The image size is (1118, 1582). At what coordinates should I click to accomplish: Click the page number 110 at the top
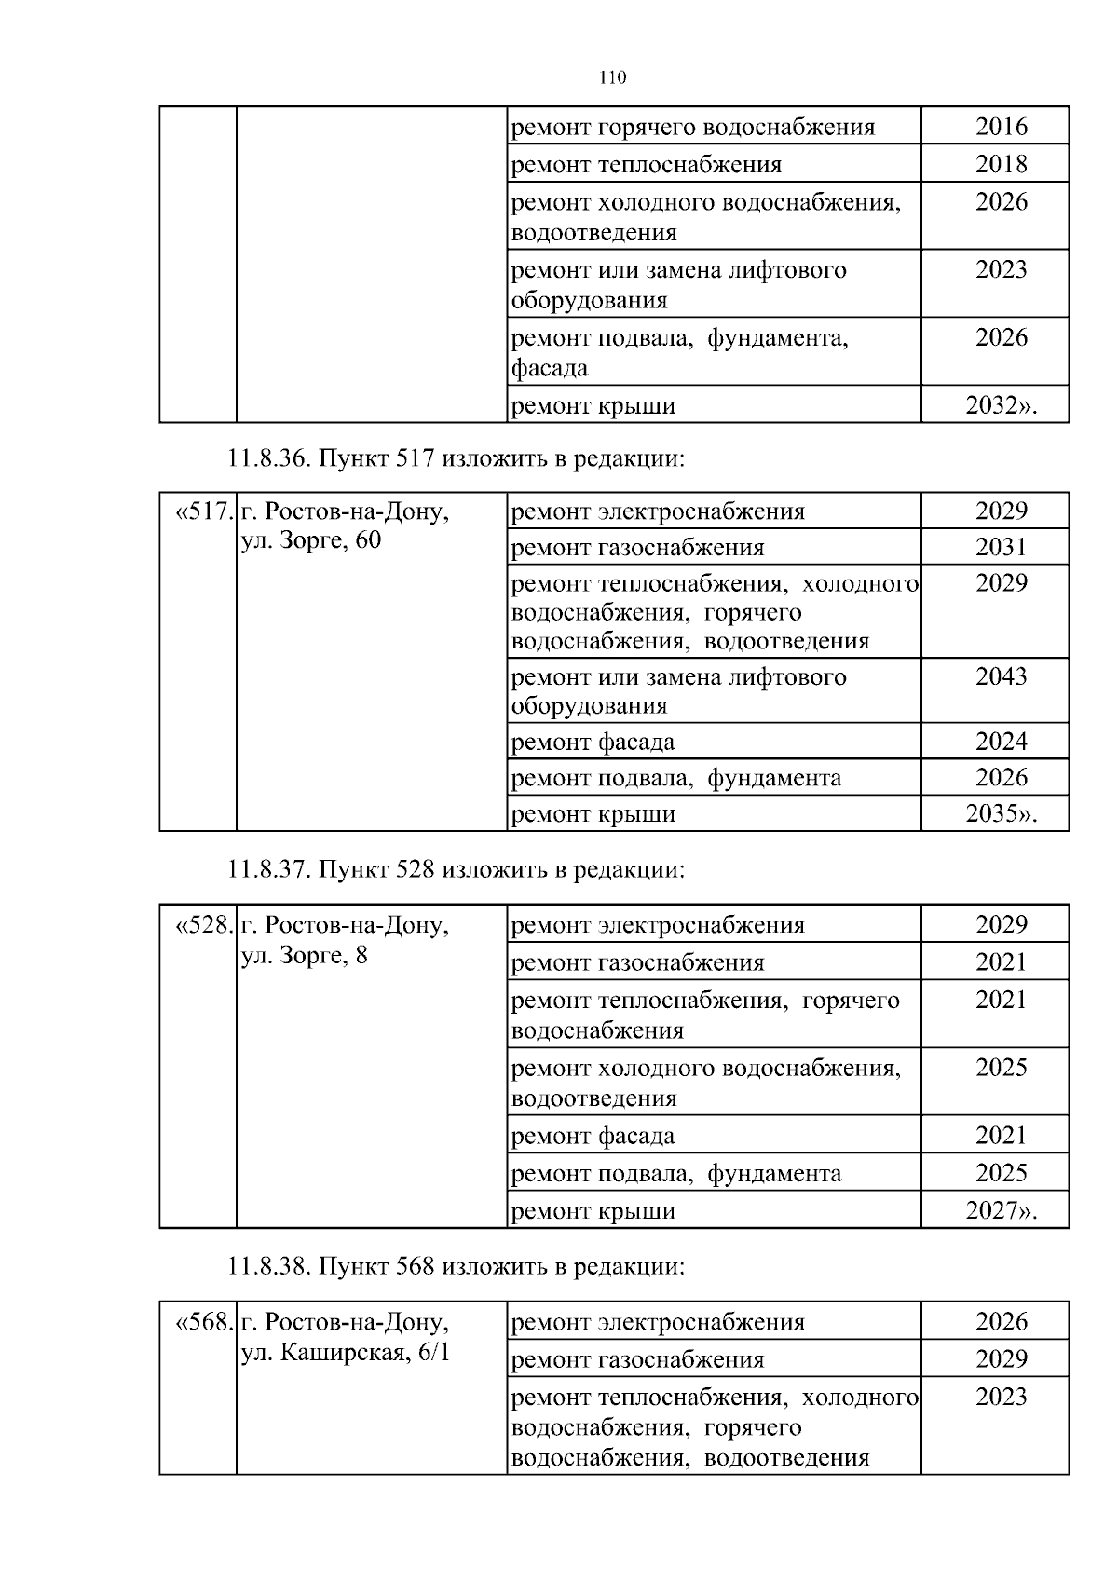tap(612, 77)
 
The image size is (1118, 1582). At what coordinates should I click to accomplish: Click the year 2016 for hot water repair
tap(1001, 126)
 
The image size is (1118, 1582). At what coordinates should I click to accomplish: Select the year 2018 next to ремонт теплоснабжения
tap(1001, 164)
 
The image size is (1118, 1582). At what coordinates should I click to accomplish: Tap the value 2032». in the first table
tap(1001, 405)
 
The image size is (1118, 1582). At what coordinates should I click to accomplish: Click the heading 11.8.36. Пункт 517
tap(456, 458)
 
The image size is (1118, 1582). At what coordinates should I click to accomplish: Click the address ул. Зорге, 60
tap(311, 540)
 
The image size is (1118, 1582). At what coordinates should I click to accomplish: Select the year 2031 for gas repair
tap(1001, 547)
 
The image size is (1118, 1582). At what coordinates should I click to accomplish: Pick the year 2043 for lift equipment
tap(1001, 675)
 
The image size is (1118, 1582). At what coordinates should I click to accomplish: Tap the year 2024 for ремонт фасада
tap(1001, 742)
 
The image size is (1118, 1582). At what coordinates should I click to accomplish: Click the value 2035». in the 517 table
tap(1001, 813)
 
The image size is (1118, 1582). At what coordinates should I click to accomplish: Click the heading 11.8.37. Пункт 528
tap(456, 869)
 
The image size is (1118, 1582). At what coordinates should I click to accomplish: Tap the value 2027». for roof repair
tap(1001, 1210)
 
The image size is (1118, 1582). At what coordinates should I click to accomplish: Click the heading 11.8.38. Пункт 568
tap(456, 1266)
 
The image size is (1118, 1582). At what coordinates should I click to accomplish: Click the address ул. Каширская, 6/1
tap(346, 1352)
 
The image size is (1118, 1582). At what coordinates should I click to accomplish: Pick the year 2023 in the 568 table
tap(1001, 1397)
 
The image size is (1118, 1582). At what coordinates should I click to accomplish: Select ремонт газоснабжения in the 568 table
tap(638, 1359)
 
